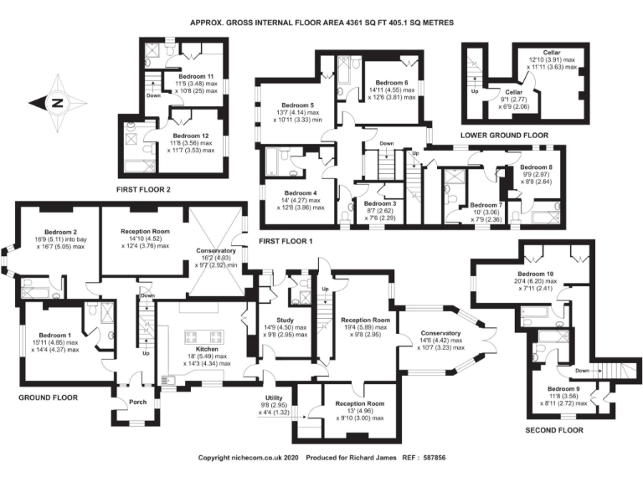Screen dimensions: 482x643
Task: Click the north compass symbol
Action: click(58, 104)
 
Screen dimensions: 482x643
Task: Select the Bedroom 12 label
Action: click(192, 136)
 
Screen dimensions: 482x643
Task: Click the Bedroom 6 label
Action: click(391, 83)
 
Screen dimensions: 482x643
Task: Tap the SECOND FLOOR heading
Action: click(553, 430)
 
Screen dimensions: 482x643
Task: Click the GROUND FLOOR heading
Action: click(48, 397)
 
